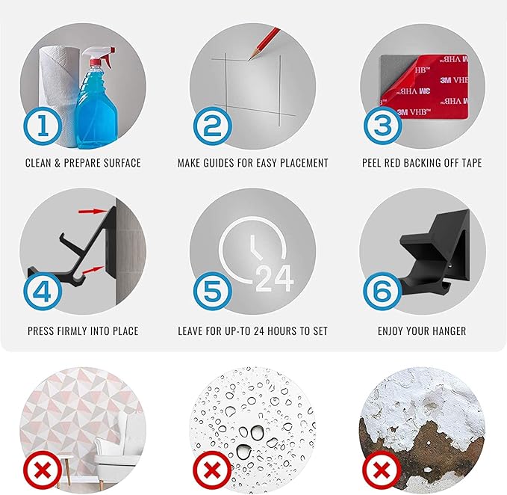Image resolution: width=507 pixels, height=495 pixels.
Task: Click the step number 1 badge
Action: click(43, 126)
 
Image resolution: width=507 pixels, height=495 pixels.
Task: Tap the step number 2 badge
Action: click(213, 126)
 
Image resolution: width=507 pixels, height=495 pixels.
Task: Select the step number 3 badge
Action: click(382, 126)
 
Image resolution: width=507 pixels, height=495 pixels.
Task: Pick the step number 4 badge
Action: click(43, 291)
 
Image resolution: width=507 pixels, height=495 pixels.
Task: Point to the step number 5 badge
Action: click(213, 291)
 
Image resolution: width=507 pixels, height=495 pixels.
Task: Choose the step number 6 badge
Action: click(382, 291)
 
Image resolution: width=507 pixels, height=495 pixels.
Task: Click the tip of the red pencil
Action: click(249, 60)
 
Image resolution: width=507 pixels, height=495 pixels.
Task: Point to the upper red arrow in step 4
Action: click(92, 212)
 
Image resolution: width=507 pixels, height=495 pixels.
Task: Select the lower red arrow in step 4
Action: click(93, 270)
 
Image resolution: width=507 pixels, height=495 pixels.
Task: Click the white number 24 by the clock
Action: click(275, 278)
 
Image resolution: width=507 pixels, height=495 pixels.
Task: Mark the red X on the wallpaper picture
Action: click(43, 470)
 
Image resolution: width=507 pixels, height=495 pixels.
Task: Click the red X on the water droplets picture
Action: click(212, 470)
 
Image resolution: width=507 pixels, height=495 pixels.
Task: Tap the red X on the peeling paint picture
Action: click(382, 470)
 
